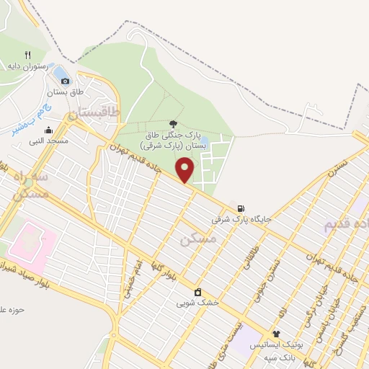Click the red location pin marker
pyautogui.click(x=185, y=169)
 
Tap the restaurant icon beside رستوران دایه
pyautogui.click(x=28, y=54)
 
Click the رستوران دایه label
pyautogui.click(x=28, y=66)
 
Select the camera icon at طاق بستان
pyautogui.click(x=66, y=81)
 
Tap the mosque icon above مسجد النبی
pyautogui.click(x=48, y=130)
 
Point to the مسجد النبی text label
pyautogui.click(x=48, y=141)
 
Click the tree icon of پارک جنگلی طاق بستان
pyautogui.click(x=172, y=123)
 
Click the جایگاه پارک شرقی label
pyautogui.click(x=241, y=218)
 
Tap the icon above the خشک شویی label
pyautogui.click(x=197, y=292)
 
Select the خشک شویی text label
pyautogui.click(x=197, y=303)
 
